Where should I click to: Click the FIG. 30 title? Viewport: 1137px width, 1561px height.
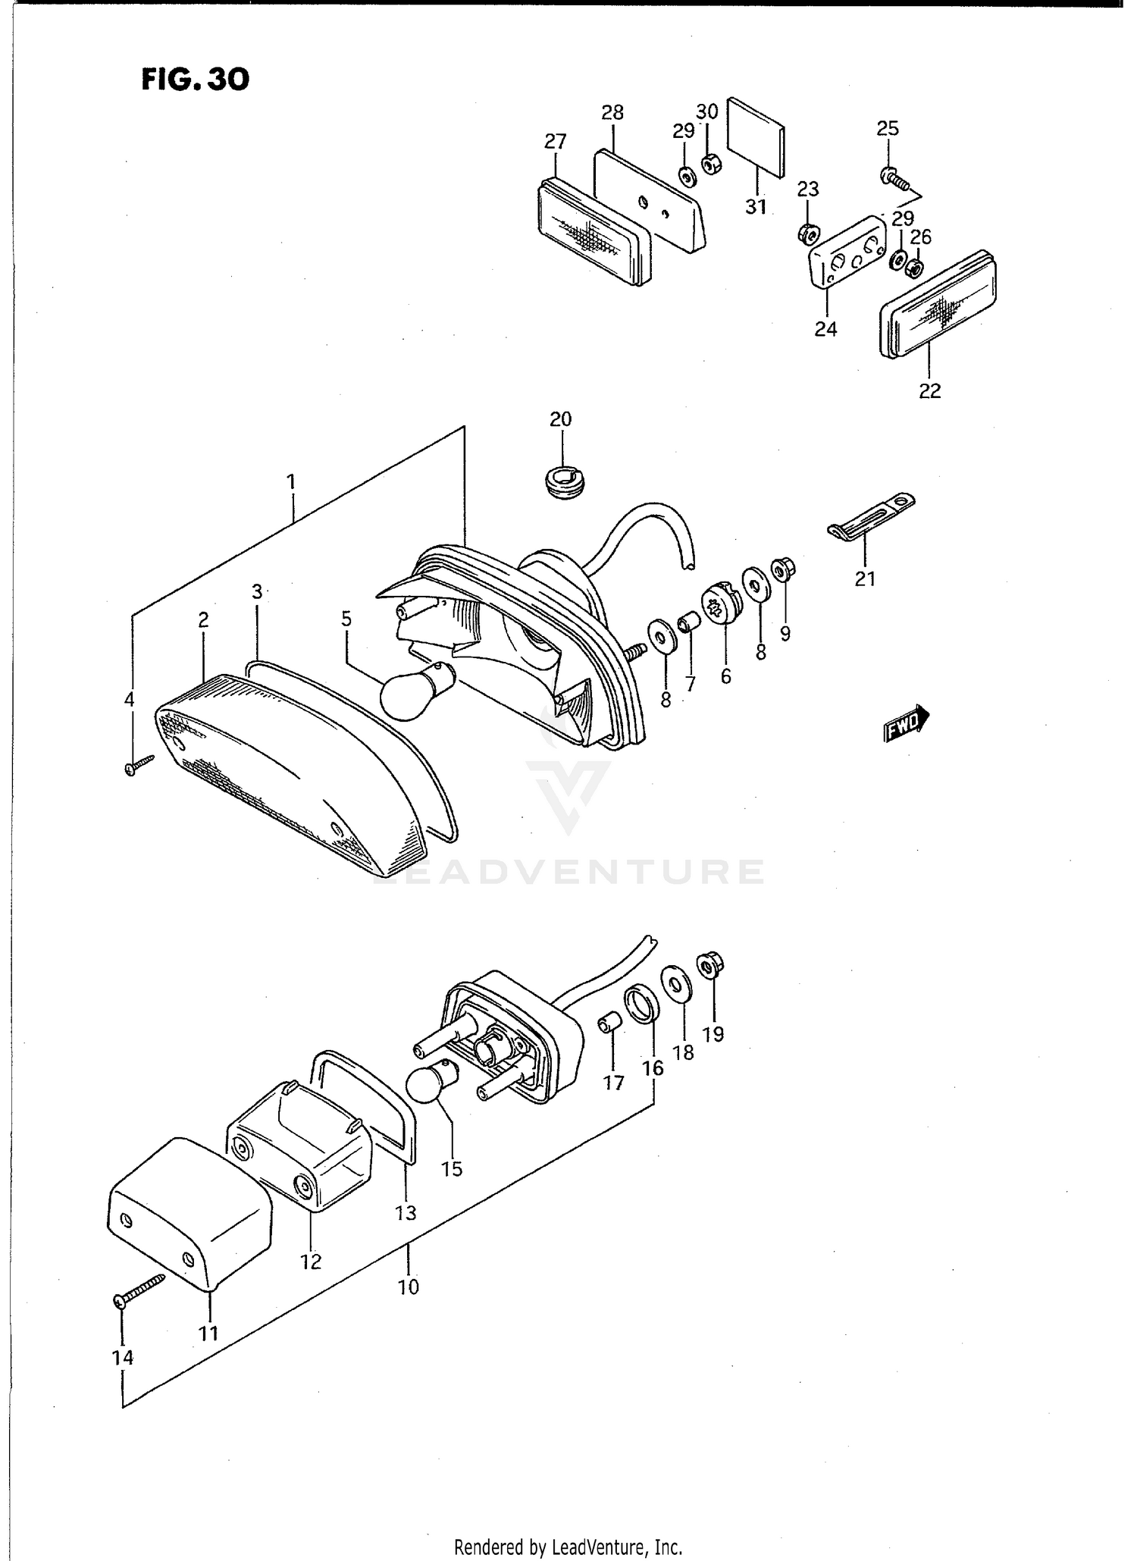[x=195, y=79]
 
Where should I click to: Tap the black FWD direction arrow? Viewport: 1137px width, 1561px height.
[x=907, y=723]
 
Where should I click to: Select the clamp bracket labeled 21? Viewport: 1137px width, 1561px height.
[x=870, y=519]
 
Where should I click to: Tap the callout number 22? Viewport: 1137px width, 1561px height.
[x=930, y=390]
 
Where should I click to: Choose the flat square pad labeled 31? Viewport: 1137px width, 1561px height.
[x=756, y=136]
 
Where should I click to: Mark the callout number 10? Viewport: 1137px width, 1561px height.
[x=409, y=1287]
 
